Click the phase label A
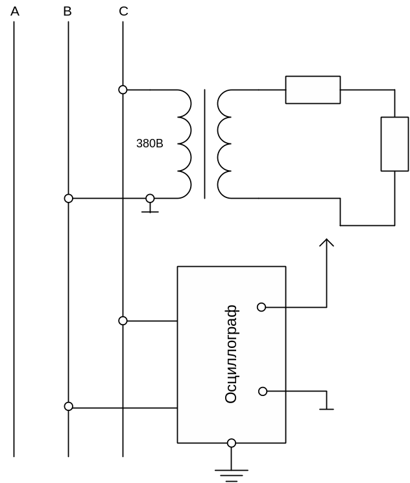[x=14, y=11]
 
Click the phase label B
[x=68, y=11]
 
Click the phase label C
[x=123, y=11]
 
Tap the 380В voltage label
[x=149, y=143]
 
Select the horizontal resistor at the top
[x=313, y=90]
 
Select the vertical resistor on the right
[x=394, y=144]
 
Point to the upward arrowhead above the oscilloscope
[x=326, y=243]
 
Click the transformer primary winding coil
[x=183, y=143]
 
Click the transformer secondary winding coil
[x=224, y=143]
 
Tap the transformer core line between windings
[x=205, y=143]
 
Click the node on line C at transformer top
[x=123, y=89]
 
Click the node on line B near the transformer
[x=68, y=197]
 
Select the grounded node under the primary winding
[x=150, y=197]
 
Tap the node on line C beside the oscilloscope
[x=123, y=321]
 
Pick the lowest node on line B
[x=68, y=406]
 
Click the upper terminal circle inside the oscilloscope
[x=261, y=306]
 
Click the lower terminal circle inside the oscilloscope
[x=262, y=391]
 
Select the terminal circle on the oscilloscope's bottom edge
[x=231, y=443]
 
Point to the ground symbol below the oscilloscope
[x=231, y=473]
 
